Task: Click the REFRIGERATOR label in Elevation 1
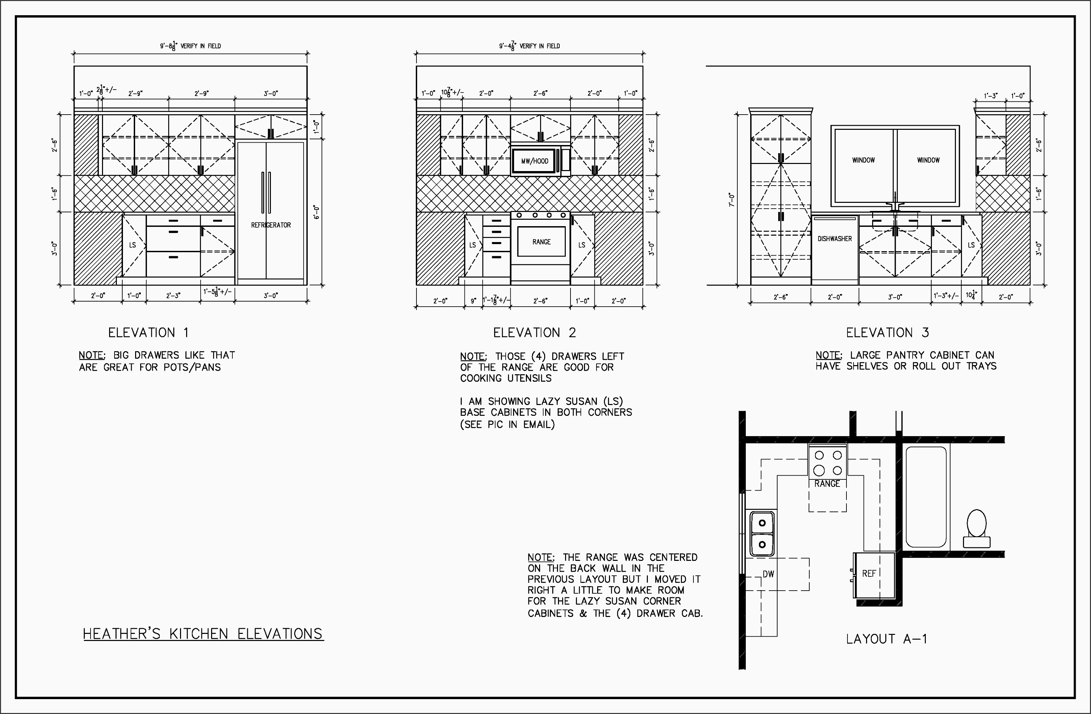click(271, 225)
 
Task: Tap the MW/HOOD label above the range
click(534, 161)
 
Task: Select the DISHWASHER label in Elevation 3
click(834, 239)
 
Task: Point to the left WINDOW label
click(863, 160)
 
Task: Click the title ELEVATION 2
click(534, 333)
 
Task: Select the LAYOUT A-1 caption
click(886, 639)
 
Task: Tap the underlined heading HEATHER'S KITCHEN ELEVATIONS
click(203, 634)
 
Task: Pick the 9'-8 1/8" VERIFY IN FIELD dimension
click(190, 46)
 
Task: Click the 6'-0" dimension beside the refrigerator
click(316, 212)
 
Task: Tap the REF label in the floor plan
click(869, 574)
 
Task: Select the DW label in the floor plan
click(768, 574)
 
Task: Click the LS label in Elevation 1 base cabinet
click(132, 245)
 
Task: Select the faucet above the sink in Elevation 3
click(895, 202)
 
